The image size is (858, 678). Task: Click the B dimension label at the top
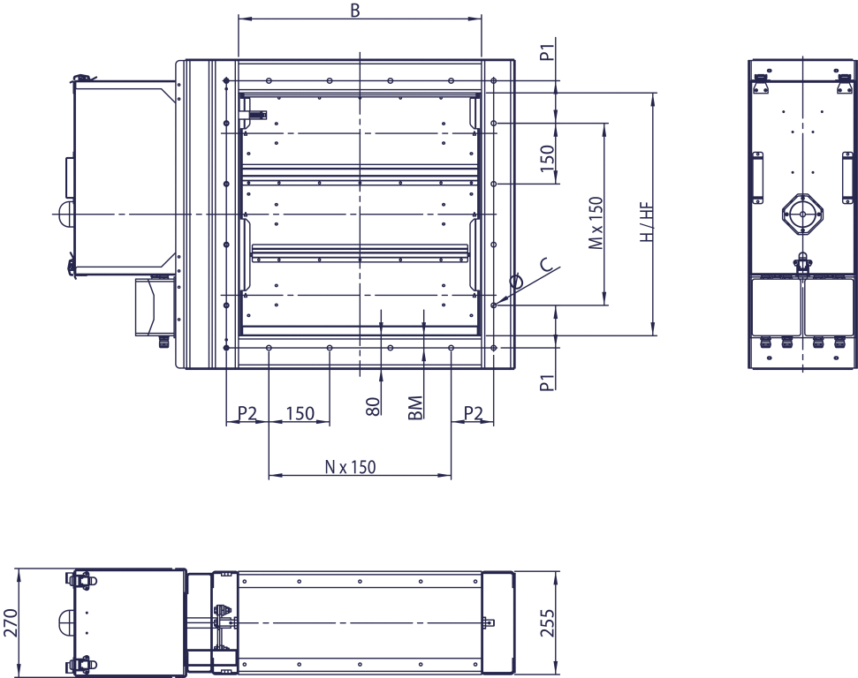pos(354,11)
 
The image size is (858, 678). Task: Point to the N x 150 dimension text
pos(349,467)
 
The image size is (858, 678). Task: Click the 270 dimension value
pos(11,621)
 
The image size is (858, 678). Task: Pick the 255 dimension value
pos(548,623)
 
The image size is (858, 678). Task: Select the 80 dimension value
pos(372,406)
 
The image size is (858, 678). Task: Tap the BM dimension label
pos(415,407)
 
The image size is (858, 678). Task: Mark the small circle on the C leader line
pos(517,282)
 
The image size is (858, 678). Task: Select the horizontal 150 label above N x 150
pos(300,413)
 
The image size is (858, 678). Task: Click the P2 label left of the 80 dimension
pos(247,413)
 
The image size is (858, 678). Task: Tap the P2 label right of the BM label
pos(474,413)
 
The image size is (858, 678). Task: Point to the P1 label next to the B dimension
pos(548,49)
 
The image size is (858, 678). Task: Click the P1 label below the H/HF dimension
pos(548,381)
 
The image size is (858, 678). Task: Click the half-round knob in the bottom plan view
pos(66,621)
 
